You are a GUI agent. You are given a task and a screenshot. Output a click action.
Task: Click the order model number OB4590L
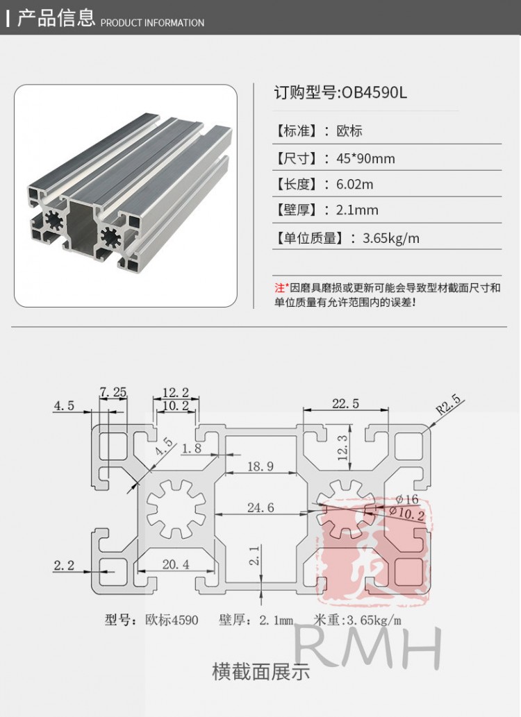pyautogui.click(x=373, y=93)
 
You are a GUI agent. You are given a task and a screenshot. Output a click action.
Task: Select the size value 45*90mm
pyautogui.click(x=365, y=158)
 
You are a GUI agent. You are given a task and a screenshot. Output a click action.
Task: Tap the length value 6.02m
pyautogui.click(x=354, y=184)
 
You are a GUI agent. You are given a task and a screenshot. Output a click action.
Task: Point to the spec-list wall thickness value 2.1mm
pyautogui.click(x=357, y=210)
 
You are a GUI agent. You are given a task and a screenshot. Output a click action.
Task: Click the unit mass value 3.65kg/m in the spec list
pyautogui.click(x=391, y=238)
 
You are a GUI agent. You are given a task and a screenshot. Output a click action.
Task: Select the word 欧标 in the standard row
pyautogui.click(x=349, y=131)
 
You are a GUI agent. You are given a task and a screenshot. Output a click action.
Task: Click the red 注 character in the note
pyautogui.click(x=279, y=287)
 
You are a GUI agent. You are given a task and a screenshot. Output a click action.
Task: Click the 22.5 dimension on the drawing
pyautogui.click(x=345, y=403)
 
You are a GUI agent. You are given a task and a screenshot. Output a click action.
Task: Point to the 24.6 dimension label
pyautogui.click(x=260, y=507)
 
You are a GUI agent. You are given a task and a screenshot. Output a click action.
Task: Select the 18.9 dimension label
pyautogui.click(x=260, y=466)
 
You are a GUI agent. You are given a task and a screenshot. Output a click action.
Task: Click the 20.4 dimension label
pyautogui.click(x=175, y=564)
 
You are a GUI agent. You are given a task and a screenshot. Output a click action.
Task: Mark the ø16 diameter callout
pyautogui.click(x=406, y=498)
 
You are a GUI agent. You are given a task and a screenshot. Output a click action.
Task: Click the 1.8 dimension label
pyautogui.click(x=191, y=449)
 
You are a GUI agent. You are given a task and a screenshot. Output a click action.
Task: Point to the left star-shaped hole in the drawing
pyautogui.click(x=176, y=509)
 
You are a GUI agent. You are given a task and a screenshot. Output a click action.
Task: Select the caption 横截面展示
pyautogui.click(x=260, y=671)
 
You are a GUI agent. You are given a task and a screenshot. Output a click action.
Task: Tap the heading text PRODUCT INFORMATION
pyautogui.click(x=153, y=23)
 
